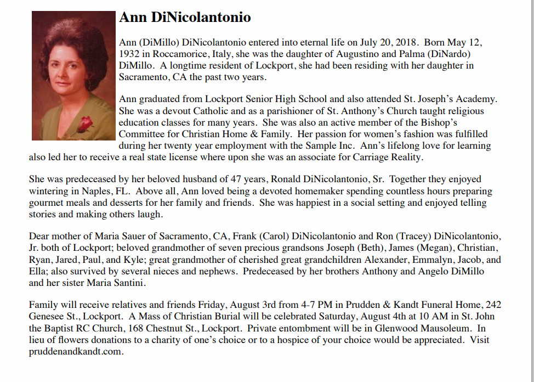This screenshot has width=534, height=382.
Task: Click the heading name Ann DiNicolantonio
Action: (185, 18)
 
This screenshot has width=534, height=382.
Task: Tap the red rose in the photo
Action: (84, 124)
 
